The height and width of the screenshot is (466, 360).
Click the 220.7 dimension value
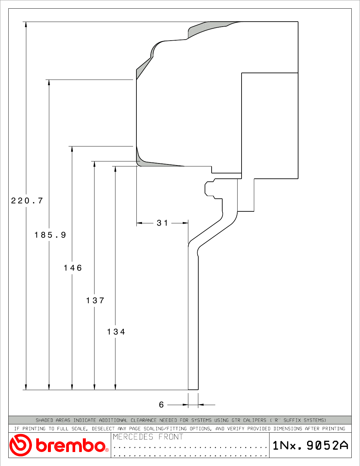(27, 201)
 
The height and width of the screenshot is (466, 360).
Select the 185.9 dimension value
(50, 235)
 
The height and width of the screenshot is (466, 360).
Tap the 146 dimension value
(73, 268)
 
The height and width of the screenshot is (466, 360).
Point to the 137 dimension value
(95, 301)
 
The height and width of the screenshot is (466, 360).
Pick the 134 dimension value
(116, 332)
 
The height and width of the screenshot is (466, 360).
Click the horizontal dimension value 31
(162, 223)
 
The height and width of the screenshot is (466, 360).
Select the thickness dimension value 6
(161, 405)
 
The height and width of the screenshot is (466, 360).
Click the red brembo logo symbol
(20, 445)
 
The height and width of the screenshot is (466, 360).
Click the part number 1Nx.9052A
(310, 445)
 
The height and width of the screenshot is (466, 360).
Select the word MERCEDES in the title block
(133, 437)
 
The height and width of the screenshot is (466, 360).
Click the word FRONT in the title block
(171, 437)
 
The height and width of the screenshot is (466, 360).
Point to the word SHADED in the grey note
(44, 420)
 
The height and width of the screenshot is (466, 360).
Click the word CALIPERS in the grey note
(255, 420)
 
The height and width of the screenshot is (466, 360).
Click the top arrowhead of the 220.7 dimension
(26, 24)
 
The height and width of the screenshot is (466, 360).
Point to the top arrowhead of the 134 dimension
(115, 169)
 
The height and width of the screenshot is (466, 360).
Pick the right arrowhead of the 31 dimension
(185, 223)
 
